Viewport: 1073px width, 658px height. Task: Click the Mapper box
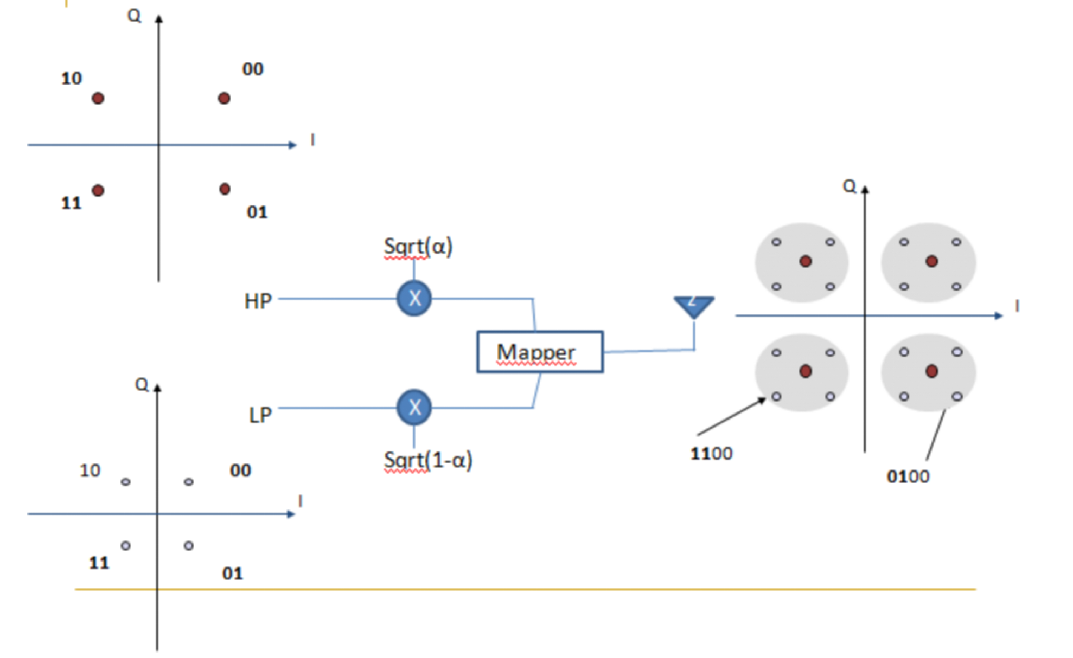[x=540, y=352]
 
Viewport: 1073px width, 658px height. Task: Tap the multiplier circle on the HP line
[x=414, y=298]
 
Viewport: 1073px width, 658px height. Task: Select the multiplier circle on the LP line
[x=414, y=407]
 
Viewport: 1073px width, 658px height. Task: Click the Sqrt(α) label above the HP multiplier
[x=418, y=247]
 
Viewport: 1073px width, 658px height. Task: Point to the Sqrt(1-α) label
[x=428, y=460]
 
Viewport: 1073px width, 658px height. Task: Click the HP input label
[x=258, y=301]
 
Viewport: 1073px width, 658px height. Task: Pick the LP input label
[x=260, y=415]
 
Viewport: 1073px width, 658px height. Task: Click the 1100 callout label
[x=711, y=453]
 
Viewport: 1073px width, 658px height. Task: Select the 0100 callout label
[x=908, y=476]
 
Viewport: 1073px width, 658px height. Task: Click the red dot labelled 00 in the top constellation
[x=224, y=98]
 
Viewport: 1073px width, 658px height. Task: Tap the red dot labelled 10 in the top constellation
[x=98, y=98]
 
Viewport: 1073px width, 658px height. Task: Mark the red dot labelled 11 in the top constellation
[x=98, y=190]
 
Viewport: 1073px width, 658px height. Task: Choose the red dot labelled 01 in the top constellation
[x=225, y=189]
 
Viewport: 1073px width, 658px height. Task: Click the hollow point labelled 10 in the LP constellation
[x=125, y=481]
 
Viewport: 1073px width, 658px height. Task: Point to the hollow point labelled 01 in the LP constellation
[x=188, y=545]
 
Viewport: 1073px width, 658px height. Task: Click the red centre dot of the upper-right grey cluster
[x=931, y=261]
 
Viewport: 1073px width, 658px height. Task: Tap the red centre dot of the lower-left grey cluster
[x=806, y=371]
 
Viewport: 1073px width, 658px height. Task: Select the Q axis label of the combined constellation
[x=849, y=186]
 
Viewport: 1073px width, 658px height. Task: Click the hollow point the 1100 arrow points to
[x=776, y=397]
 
